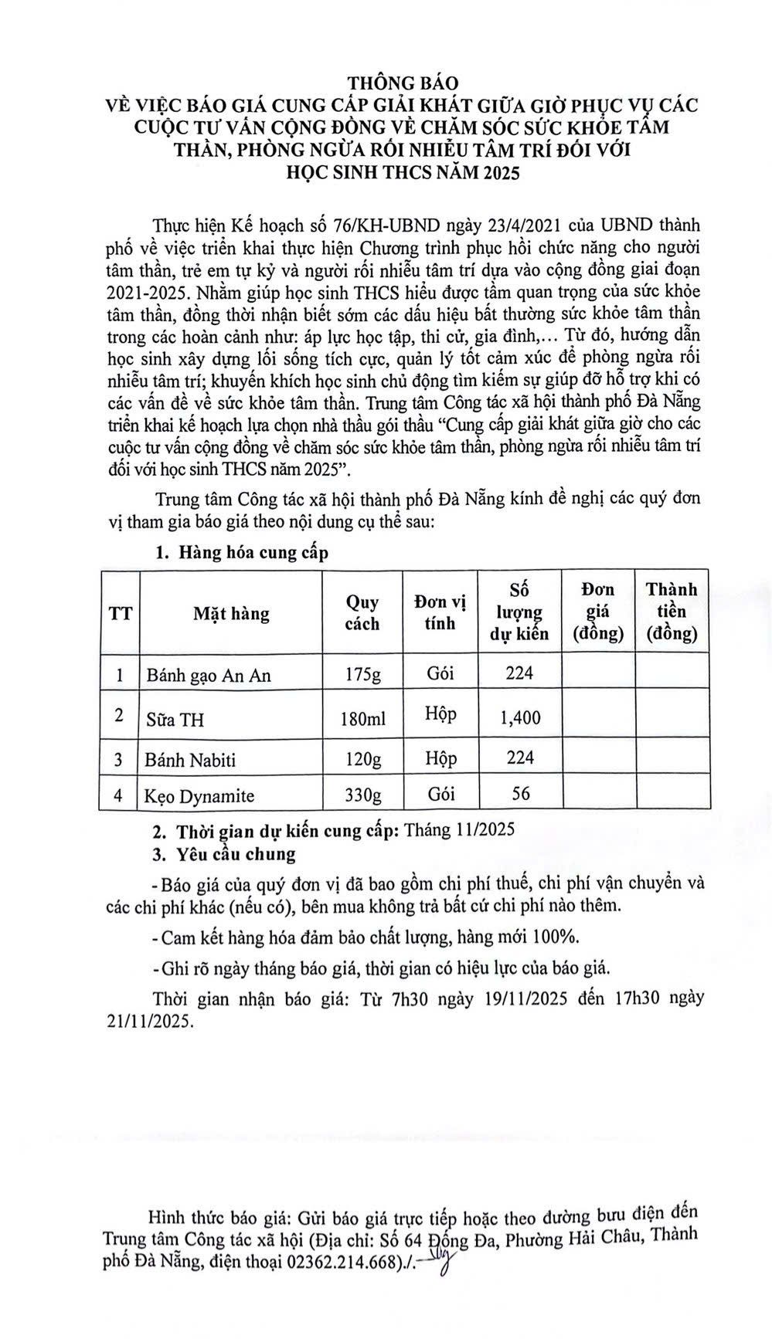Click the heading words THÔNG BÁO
click(402, 82)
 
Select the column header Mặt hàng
click(231, 614)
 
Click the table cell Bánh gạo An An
click(209, 675)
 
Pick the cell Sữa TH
click(175, 719)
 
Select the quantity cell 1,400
click(520, 717)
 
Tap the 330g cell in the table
click(362, 795)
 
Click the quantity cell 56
click(521, 793)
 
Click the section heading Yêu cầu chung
click(235, 854)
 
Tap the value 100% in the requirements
click(555, 937)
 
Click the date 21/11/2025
click(151, 1021)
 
